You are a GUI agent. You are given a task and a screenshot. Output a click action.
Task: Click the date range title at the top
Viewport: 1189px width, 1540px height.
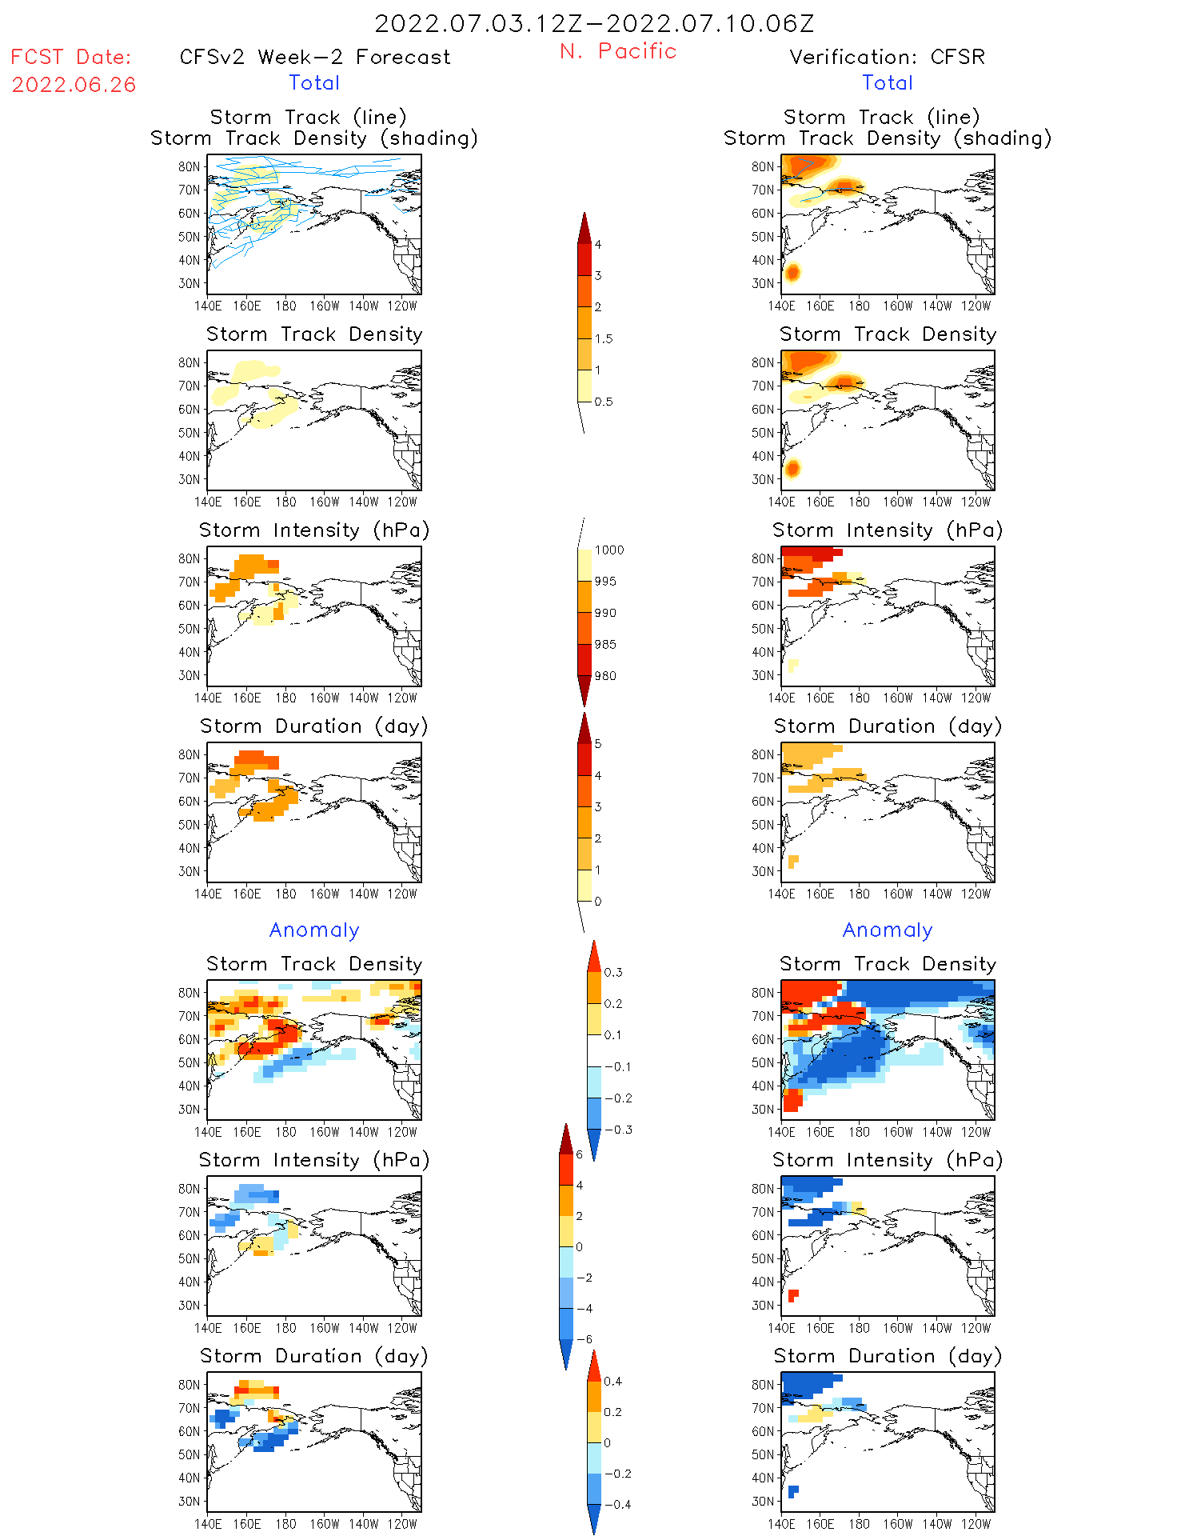[x=594, y=23]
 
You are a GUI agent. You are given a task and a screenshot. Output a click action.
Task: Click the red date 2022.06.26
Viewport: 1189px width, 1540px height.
[x=74, y=85]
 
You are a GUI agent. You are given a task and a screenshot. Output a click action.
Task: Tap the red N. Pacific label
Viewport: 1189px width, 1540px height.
[x=618, y=51]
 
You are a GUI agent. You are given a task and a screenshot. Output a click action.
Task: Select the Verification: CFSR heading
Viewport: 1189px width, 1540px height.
[x=887, y=57]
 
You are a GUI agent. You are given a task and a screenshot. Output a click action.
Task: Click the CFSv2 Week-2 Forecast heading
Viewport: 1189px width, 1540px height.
[x=314, y=57]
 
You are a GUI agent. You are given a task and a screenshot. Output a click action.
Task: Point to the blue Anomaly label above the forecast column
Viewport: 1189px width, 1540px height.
[x=314, y=930]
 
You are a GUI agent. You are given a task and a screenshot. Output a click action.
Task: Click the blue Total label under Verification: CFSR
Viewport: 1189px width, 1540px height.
[x=887, y=82]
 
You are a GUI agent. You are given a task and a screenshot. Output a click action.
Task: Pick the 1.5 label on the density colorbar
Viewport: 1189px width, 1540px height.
[x=604, y=338]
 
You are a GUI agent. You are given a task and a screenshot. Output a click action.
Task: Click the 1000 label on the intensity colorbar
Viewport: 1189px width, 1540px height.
[x=608, y=550]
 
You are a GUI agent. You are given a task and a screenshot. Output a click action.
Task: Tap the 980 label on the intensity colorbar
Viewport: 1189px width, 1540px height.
[x=605, y=676]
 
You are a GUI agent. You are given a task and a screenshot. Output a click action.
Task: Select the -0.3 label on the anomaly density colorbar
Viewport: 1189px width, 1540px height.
[x=617, y=1130]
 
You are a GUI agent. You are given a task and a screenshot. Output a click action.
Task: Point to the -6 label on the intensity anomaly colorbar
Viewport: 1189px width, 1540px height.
[x=584, y=1339]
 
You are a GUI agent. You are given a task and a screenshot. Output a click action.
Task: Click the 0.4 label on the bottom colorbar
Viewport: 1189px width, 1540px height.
[x=612, y=1381]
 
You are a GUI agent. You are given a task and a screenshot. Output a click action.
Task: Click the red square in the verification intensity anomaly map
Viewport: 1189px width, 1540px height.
[x=793, y=1295]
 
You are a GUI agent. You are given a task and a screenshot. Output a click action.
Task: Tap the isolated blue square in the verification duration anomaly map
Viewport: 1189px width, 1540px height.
[x=793, y=1491]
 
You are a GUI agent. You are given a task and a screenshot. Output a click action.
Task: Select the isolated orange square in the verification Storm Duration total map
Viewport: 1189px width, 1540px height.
[x=793, y=862]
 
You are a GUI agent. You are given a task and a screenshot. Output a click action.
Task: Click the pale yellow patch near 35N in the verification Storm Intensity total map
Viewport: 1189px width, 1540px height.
[x=793, y=666]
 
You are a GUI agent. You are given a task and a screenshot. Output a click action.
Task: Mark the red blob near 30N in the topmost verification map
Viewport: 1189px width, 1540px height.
[x=792, y=273]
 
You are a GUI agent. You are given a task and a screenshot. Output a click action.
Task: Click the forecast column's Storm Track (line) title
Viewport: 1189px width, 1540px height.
[x=308, y=117]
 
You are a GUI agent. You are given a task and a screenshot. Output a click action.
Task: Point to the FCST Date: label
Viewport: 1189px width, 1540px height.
[x=70, y=57]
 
